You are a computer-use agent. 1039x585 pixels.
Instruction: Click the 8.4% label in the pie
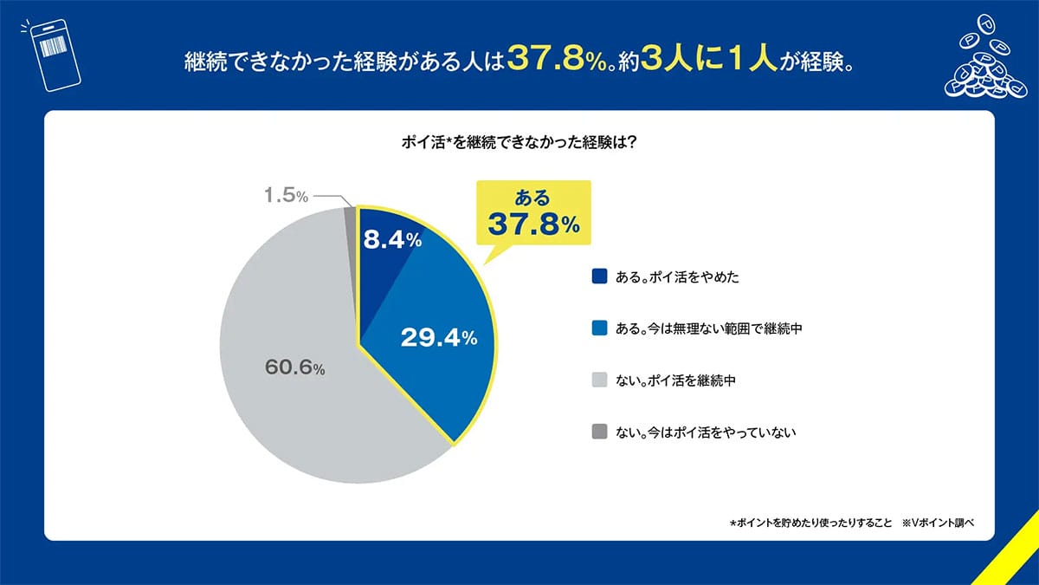[x=391, y=241]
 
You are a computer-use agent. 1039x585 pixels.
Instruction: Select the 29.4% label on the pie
[x=439, y=337]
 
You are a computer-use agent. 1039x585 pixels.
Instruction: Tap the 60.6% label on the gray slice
[x=294, y=367]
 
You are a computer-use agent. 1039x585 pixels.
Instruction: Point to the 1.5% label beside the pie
[x=286, y=196]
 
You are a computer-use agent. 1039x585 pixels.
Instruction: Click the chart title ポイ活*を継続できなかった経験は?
[x=519, y=144]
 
